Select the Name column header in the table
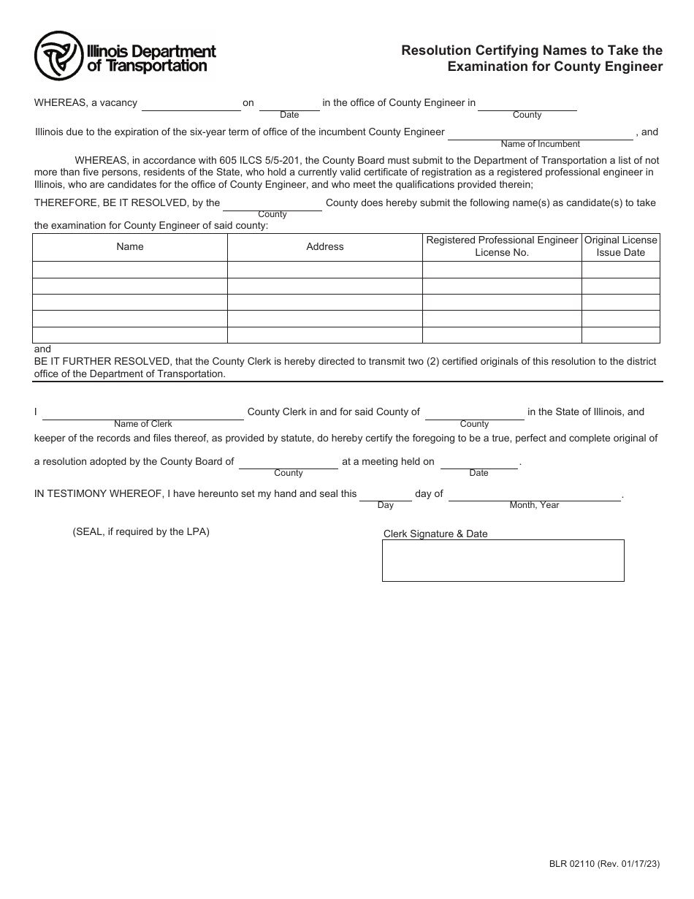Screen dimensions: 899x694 [x=130, y=247]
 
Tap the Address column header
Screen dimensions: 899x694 [x=325, y=247]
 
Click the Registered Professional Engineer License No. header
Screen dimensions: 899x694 [x=502, y=246]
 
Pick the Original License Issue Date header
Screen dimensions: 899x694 [x=620, y=246]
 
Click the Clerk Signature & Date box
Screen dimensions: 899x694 [x=503, y=561]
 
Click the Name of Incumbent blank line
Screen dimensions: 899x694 [x=540, y=133]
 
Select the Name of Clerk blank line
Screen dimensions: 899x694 [x=143, y=413]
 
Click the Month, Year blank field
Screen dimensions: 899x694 [x=534, y=495]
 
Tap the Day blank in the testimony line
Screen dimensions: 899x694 [x=385, y=495]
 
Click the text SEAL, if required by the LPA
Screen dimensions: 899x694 [x=141, y=532]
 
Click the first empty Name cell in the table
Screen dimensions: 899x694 [x=130, y=270]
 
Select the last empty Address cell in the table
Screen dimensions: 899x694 [x=325, y=335]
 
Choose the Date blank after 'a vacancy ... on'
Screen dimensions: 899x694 [x=289, y=104]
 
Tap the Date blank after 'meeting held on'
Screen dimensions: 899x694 [x=478, y=463]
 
